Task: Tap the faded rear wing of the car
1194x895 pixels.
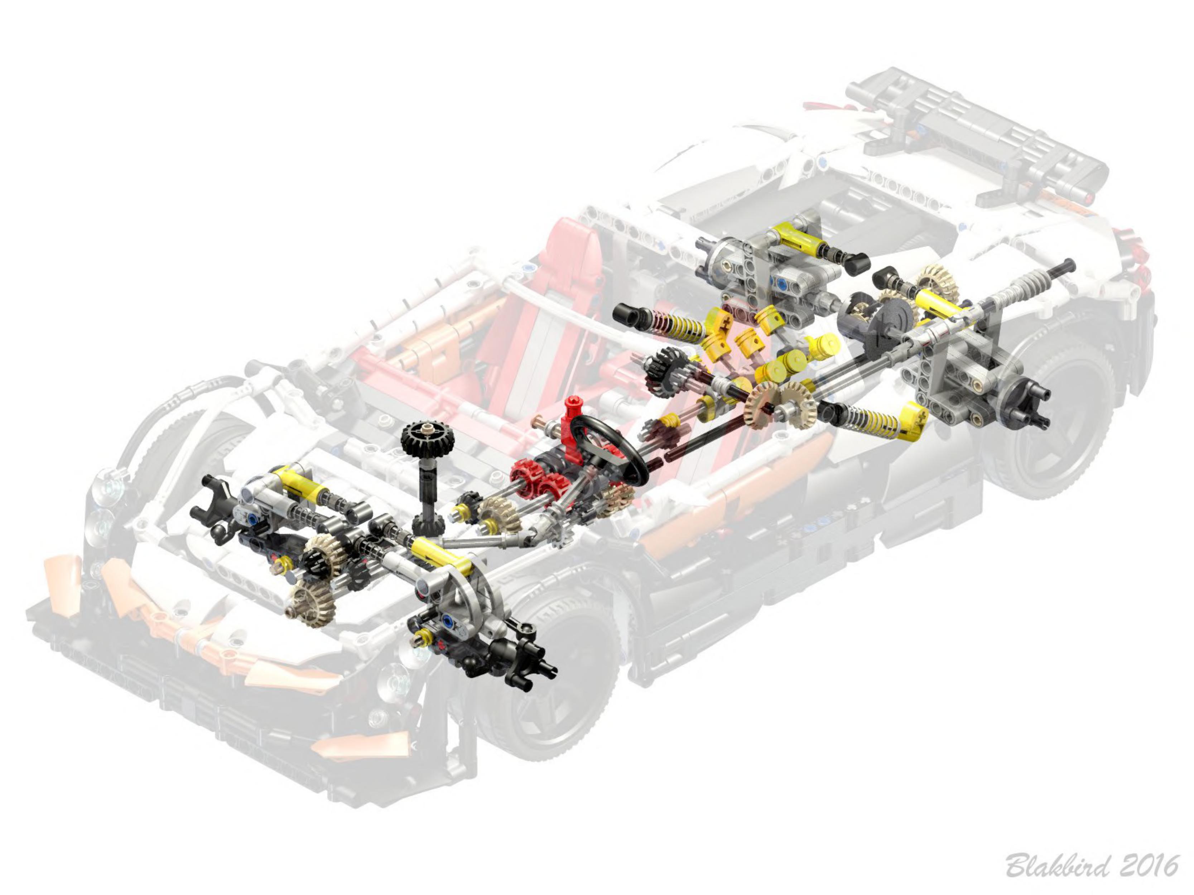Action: (977, 137)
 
